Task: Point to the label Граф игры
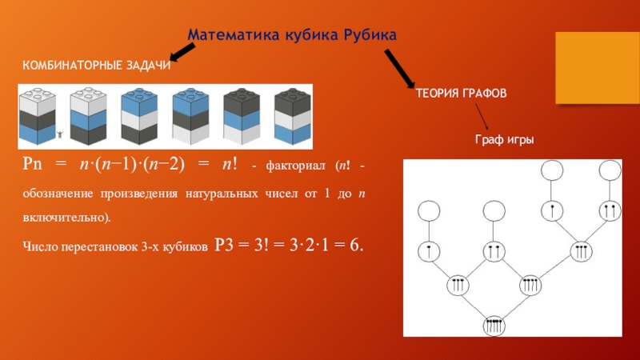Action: tap(504, 141)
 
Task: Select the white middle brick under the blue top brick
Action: tap(141, 120)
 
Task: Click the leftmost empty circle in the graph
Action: tap(429, 210)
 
